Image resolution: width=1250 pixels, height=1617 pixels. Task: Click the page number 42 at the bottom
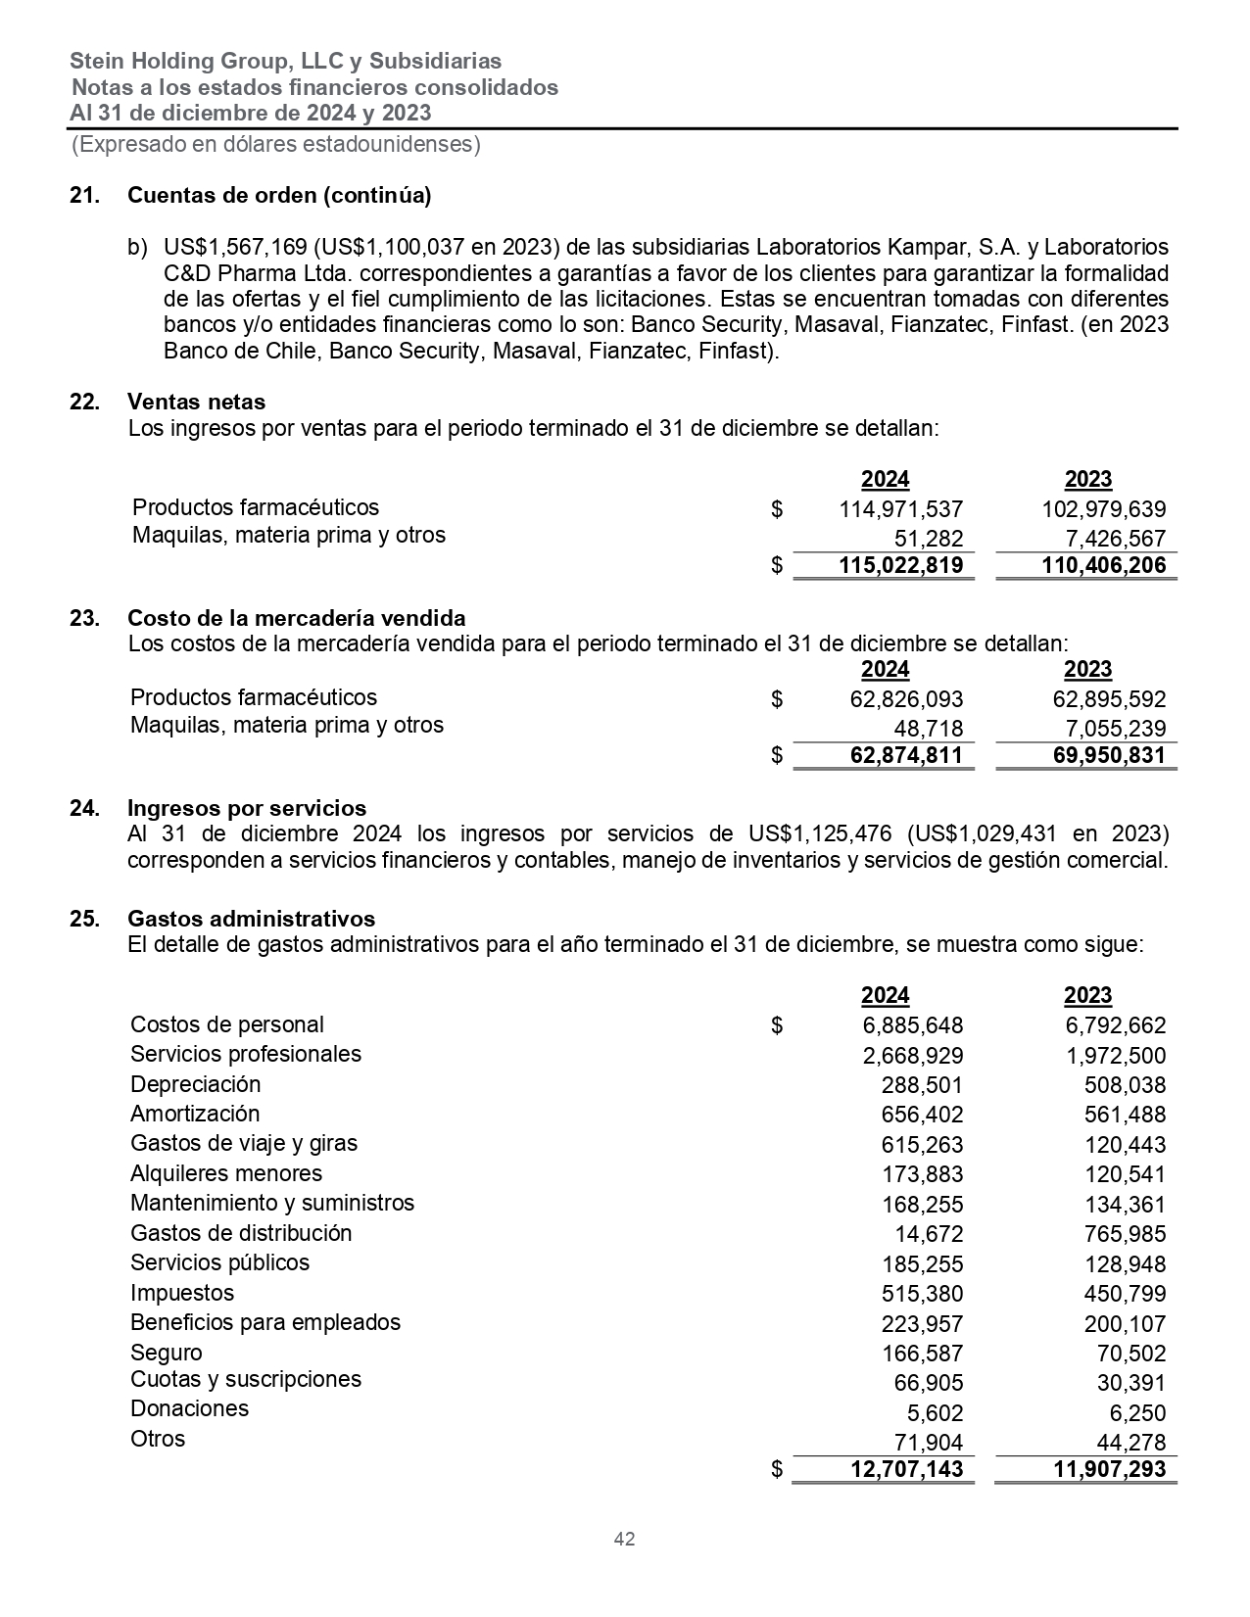(624, 1539)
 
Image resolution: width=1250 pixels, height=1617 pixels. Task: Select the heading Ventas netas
(196, 402)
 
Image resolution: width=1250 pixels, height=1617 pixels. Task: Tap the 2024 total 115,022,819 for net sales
(900, 565)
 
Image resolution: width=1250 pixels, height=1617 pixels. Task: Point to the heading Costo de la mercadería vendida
(296, 618)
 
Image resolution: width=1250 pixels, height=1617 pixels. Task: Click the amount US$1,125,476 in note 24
(820, 833)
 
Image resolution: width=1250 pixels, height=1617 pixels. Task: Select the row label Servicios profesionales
(246, 1054)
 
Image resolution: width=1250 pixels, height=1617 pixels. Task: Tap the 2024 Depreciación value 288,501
(922, 1085)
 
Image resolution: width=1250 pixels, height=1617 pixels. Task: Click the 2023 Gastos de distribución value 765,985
(1125, 1234)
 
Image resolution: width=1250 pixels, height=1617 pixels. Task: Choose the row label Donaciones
(189, 1408)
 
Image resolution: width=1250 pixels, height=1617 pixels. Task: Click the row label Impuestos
(182, 1293)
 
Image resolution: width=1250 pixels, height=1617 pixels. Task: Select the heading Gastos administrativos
(251, 919)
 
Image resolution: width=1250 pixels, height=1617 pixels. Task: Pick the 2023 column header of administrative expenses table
(1087, 995)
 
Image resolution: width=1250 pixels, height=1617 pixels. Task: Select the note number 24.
(83, 808)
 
